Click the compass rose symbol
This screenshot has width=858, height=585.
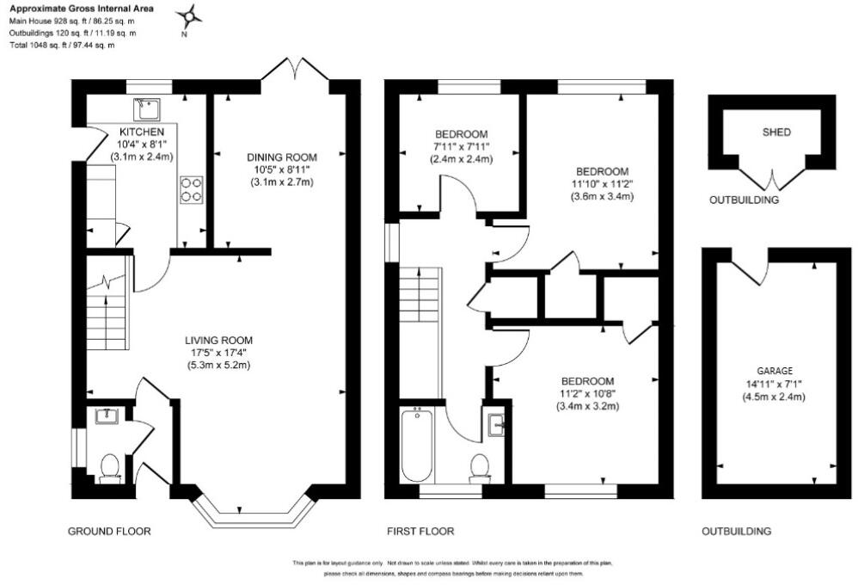pyautogui.click(x=189, y=18)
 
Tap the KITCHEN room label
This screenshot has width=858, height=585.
pyautogui.click(x=142, y=132)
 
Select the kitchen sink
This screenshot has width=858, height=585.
pyautogui.click(x=147, y=109)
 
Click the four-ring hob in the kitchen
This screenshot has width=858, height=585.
pyautogui.click(x=191, y=189)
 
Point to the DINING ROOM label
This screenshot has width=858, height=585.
pyautogui.click(x=282, y=157)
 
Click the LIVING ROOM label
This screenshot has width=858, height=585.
pyautogui.click(x=219, y=340)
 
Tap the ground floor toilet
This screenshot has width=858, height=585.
pyautogui.click(x=111, y=469)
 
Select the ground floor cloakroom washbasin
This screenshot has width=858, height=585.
pyautogui.click(x=107, y=416)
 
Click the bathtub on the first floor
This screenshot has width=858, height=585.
pyautogui.click(x=418, y=445)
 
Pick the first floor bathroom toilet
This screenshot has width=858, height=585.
pyautogui.click(x=480, y=469)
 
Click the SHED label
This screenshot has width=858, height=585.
pyautogui.click(x=776, y=132)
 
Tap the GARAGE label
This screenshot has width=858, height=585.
pyautogui.click(x=775, y=371)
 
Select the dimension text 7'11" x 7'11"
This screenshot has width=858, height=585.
pyautogui.click(x=462, y=147)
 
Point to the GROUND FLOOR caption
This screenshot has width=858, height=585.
pyautogui.click(x=109, y=531)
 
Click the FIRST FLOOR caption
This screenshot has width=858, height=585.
pyautogui.click(x=420, y=531)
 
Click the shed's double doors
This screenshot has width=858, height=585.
pyautogui.click(x=772, y=180)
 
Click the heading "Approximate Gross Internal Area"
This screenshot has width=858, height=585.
pyautogui.click(x=82, y=9)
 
